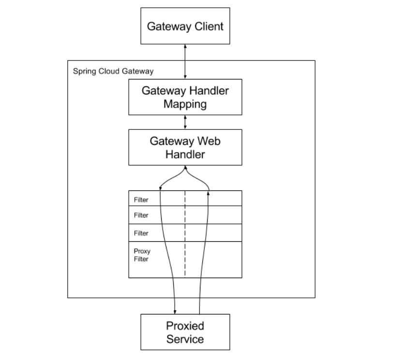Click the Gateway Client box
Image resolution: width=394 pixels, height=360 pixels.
click(185, 26)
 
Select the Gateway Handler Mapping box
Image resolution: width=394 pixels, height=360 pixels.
click(185, 97)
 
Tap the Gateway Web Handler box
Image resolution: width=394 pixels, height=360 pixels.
click(185, 147)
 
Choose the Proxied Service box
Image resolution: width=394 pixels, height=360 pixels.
click(185, 332)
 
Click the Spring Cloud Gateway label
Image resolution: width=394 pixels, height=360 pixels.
click(113, 71)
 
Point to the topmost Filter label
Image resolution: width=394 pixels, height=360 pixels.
click(141, 200)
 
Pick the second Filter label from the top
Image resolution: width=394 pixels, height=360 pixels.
click(141, 215)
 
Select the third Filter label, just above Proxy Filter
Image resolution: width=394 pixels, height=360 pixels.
click(141, 233)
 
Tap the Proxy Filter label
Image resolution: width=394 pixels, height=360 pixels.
click(142, 255)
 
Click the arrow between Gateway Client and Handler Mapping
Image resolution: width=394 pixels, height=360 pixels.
click(185, 62)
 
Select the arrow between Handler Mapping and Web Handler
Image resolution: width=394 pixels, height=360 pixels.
click(185, 122)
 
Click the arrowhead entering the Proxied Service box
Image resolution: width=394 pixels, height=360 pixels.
click(175, 312)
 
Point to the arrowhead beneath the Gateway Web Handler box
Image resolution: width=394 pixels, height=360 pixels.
click(185, 167)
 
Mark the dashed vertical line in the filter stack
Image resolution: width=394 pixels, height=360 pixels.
click(185, 234)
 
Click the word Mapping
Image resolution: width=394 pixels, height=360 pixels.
click(185, 104)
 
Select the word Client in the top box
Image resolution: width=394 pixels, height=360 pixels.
click(209, 27)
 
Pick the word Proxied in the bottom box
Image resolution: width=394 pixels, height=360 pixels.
click(185, 326)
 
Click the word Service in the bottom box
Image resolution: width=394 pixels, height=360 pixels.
click(185, 339)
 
